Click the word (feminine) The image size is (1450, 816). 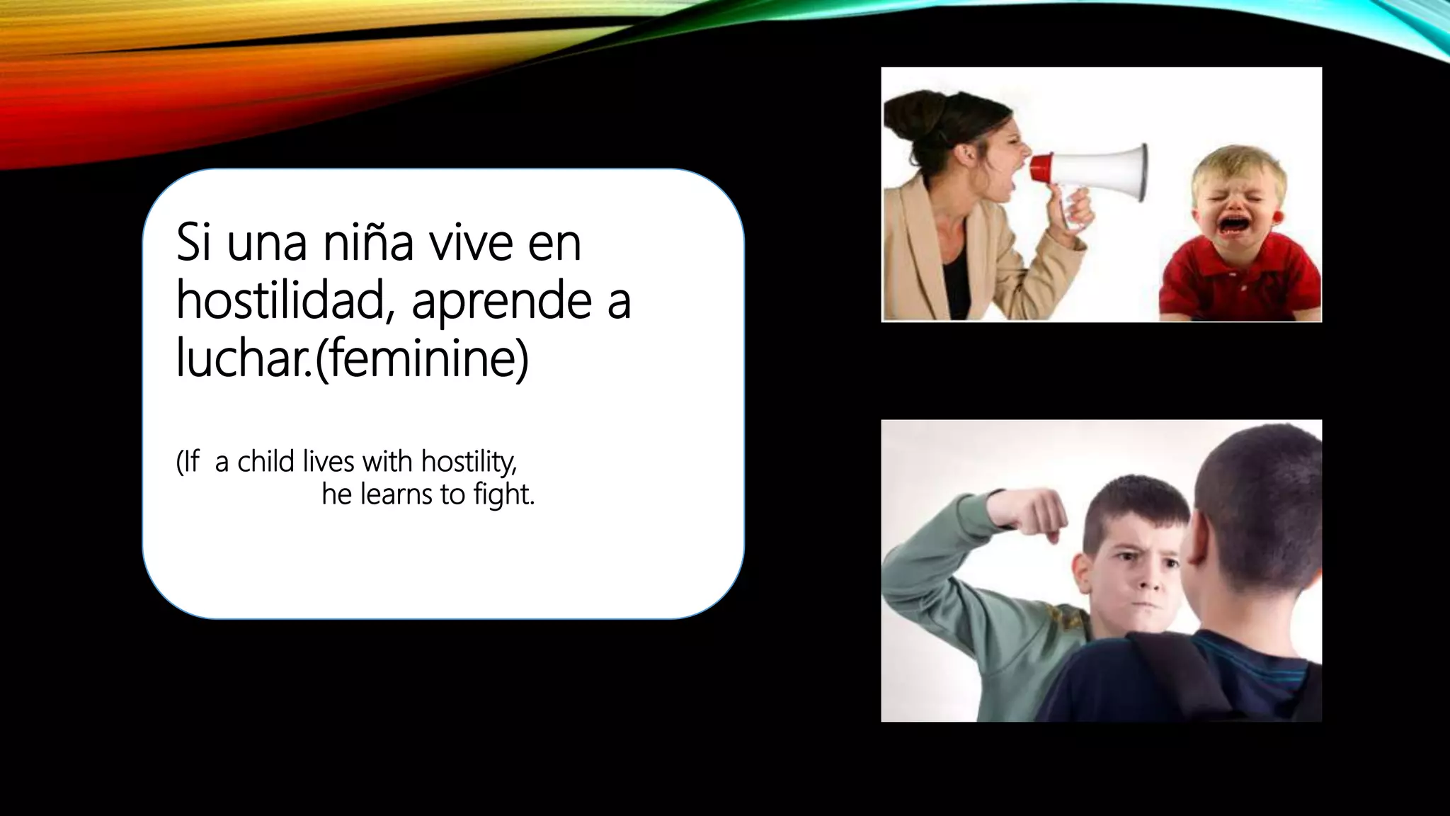(x=422, y=360)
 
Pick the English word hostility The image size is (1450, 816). (x=469, y=463)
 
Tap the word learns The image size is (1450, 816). (x=396, y=494)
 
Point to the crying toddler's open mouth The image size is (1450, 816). (x=1231, y=225)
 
